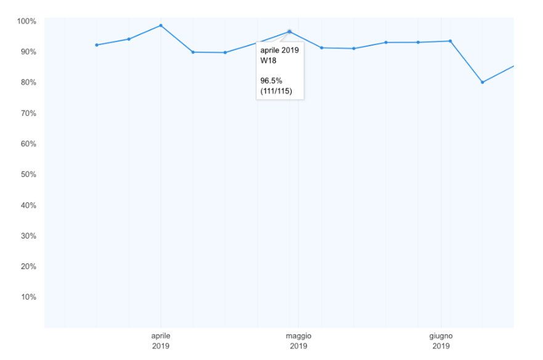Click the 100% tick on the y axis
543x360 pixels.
pyautogui.click(x=27, y=22)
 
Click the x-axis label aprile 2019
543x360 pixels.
pyautogui.click(x=161, y=341)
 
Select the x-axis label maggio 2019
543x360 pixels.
pyautogui.click(x=298, y=341)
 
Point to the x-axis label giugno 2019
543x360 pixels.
pyautogui.click(x=441, y=341)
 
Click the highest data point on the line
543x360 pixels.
pyautogui.click(x=161, y=25)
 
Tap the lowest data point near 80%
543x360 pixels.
pyautogui.click(x=483, y=82)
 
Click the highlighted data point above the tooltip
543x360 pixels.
pyautogui.click(x=289, y=31)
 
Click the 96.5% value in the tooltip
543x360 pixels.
pyautogui.click(x=271, y=81)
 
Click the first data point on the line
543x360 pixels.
pyautogui.click(x=97, y=45)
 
